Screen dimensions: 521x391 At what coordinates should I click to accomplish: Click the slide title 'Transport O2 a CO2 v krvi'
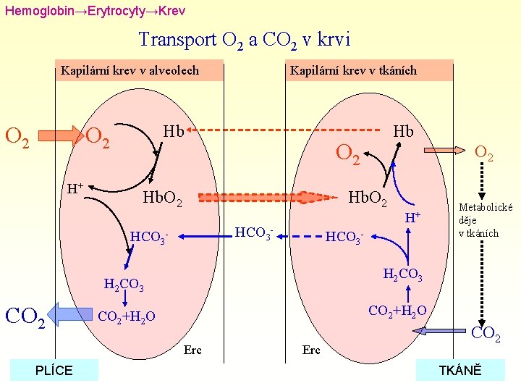tap(244, 39)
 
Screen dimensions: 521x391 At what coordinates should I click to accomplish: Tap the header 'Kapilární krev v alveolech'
tap(130, 71)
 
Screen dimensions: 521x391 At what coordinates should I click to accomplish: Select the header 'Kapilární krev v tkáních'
tap(352, 70)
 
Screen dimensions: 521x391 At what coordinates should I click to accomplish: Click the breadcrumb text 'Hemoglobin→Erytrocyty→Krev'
tap(95, 12)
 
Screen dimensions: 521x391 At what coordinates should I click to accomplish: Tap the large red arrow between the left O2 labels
tap(60, 135)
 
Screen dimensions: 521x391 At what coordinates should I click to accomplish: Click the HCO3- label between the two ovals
tap(253, 233)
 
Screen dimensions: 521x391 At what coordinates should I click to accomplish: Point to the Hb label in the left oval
tap(173, 131)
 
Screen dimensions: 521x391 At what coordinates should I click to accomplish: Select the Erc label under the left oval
tap(192, 350)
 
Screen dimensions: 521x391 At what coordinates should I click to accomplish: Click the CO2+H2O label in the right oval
tap(397, 311)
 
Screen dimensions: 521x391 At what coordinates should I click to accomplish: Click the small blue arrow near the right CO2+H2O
tap(442, 331)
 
